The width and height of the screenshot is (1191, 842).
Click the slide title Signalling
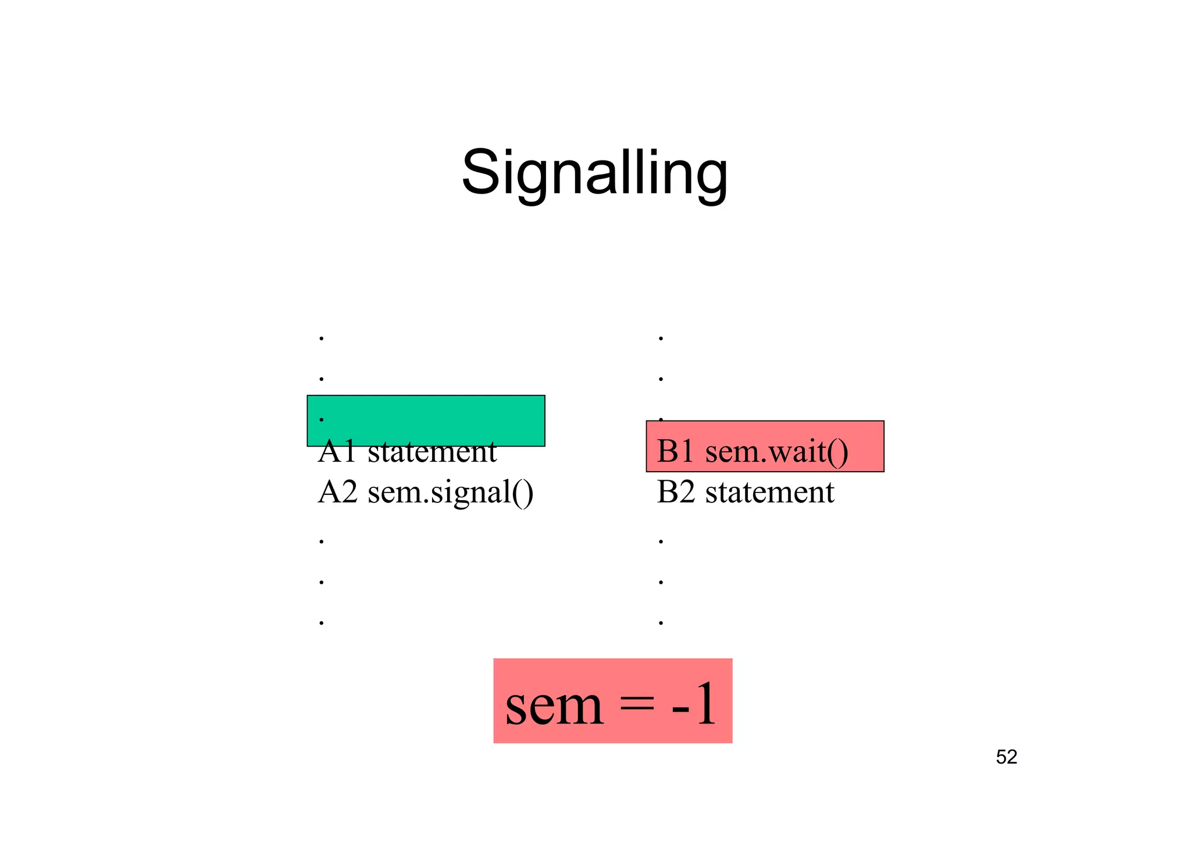[x=594, y=173]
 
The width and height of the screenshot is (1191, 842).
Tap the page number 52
[x=1006, y=757]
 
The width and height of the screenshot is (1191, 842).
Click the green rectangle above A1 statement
[x=426, y=420]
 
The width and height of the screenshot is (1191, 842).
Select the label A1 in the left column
[x=337, y=452]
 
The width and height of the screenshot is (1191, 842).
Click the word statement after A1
[x=432, y=452]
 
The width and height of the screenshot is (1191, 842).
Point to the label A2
[x=337, y=492]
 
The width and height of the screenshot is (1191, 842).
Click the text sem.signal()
[x=450, y=492]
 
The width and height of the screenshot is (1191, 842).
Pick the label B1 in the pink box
[x=675, y=451]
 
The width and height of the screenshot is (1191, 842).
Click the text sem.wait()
[x=776, y=451]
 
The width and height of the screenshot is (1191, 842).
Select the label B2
[x=675, y=492]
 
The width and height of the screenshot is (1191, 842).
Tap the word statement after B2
[x=769, y=492]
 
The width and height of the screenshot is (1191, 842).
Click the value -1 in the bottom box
[x=694, y=704]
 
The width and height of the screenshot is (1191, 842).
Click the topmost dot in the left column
[x=322, y=338]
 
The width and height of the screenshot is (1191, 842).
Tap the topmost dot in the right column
[x=661, y=338]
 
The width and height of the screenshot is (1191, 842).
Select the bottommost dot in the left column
[x=322, y=623]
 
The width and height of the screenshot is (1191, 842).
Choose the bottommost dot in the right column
[x=661, y=623]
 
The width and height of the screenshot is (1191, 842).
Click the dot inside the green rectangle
[x=322, y=419]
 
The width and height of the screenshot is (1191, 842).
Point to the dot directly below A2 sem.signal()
[x=322, y=541]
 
